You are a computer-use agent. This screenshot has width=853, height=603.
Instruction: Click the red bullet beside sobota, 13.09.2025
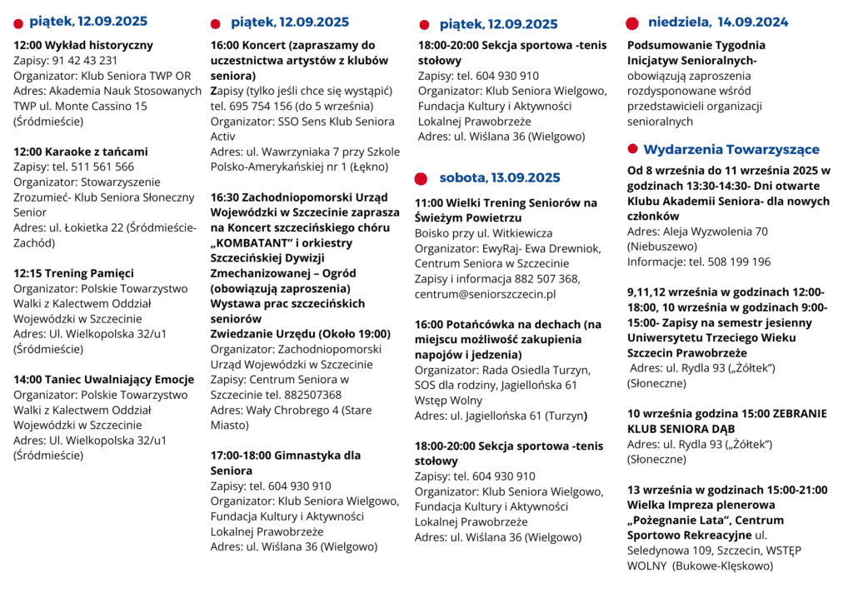[x=422, y=178]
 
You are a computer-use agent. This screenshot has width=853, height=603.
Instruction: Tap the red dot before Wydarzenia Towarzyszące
[x=632, y=149]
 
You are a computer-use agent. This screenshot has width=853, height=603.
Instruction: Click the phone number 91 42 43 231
[x=85, y=61]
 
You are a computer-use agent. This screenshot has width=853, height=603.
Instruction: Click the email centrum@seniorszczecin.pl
[x=486, y=294]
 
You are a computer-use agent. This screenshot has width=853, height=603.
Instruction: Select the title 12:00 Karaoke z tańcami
[x=81, y=152]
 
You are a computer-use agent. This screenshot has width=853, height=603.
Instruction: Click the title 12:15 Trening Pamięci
[x=73, y=273]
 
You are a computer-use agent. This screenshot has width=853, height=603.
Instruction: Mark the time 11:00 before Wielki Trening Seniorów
[x=430, y=202]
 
